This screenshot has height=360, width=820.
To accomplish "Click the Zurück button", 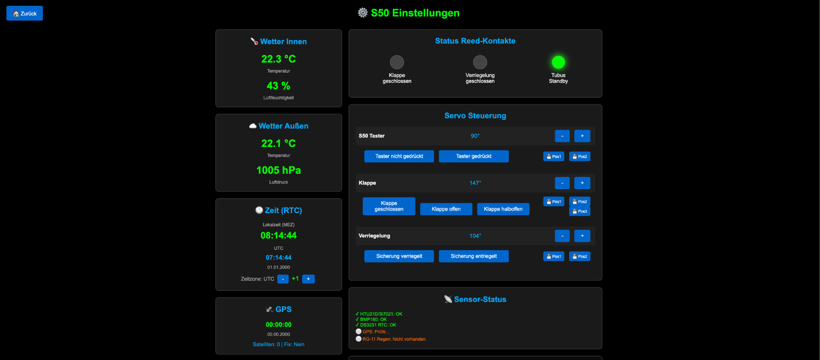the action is (25, 13).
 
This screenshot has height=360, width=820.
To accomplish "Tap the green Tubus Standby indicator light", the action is (558, 62).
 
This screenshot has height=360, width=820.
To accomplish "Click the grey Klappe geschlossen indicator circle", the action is (397, 62).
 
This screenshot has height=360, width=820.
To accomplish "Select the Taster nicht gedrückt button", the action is (399, 156).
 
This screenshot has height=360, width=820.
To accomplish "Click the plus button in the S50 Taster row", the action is (582, 136).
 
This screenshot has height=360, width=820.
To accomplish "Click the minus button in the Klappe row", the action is (562, 183).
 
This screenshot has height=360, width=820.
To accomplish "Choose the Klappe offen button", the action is (446, 209).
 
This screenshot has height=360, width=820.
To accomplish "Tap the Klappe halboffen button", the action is (503, 209).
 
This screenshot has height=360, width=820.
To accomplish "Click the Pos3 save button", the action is (580, 211).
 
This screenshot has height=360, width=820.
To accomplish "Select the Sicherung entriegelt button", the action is (474, 256).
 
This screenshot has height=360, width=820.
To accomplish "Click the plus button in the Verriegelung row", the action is (582, 236).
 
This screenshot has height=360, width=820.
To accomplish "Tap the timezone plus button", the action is (308, 279).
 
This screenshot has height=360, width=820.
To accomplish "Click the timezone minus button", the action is (283, 279).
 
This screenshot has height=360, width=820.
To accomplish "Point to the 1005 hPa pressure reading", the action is (278, 170).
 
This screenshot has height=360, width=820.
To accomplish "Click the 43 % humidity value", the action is (278, 86).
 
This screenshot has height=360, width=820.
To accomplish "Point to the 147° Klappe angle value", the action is (475, 183).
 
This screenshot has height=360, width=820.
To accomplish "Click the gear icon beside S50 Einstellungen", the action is (363, 13).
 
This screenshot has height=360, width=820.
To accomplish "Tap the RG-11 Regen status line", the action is (390, 339).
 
